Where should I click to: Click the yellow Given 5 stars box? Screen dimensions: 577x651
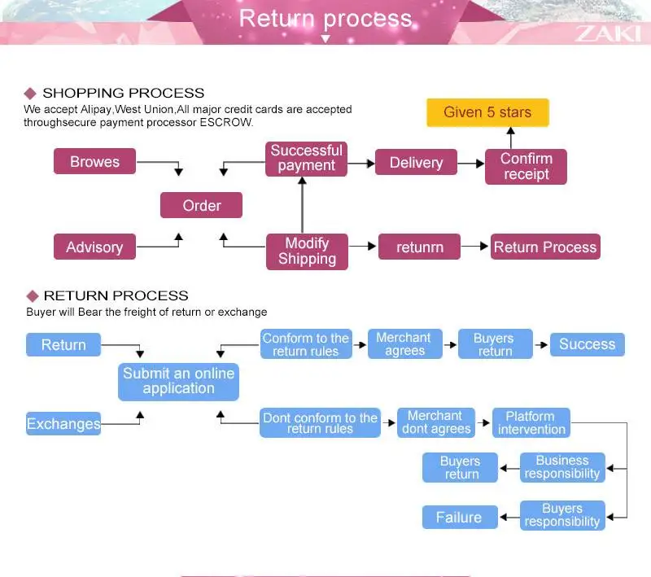tap(487, 112)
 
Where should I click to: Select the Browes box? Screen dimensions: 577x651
tap(94, 161)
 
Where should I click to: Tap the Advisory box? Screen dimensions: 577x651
tap(94, 247)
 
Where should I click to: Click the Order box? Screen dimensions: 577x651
tap(201, 205)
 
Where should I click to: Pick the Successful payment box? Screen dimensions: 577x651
tap(306, 158)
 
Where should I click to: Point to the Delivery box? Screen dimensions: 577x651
tap(415, 162)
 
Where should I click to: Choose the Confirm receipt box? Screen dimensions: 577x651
tap(526, 166)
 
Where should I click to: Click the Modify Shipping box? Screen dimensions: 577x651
tap(307, 251)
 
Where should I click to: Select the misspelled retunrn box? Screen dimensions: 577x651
tap(419, 247)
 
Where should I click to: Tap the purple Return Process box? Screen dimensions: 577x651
tap(544, 247)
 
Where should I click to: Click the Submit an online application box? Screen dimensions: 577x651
tap(178, 381)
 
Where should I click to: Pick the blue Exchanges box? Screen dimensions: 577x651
tap(63, 423)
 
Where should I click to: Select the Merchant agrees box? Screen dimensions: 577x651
tap(404, 343)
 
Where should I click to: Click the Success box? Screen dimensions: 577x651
tap(587, 343)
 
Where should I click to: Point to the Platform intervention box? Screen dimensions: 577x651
tap(531, 422)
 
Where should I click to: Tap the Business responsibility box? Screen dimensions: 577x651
tap(561, 466)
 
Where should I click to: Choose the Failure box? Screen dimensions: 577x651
tap(459, 517)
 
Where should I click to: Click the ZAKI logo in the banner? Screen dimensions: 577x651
tap(606, 33)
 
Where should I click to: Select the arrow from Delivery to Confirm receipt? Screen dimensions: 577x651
tap(470, 163)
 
